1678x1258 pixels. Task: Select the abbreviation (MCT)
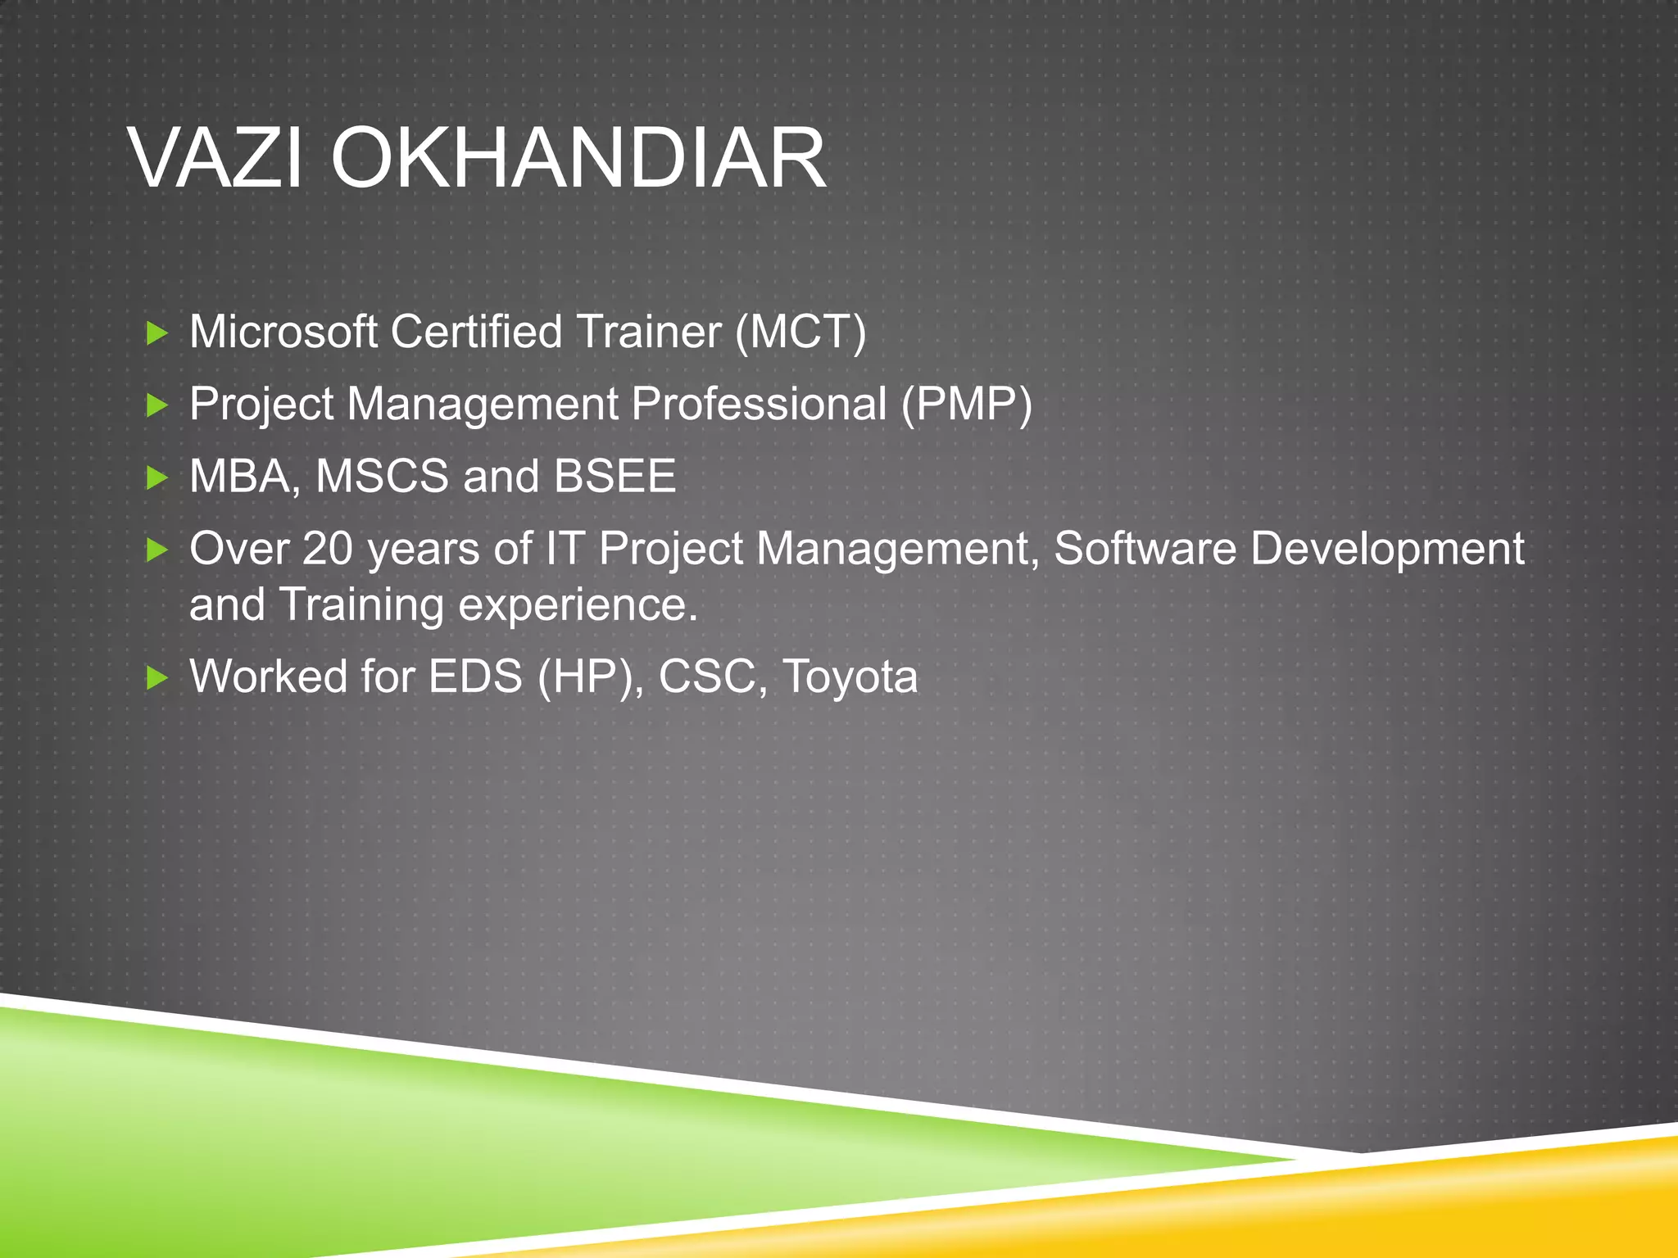[x=800, y=332]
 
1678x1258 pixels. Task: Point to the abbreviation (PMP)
[x=967, y=404]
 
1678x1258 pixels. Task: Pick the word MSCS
[x=382, y=476]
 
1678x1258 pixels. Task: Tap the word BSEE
[x=615, y=476]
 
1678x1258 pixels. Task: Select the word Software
[x=1145, y=548]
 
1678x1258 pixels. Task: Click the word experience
[x=577, y=606]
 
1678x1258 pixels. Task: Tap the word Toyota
[x=850, y=677]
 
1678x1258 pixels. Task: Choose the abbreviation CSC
[x=706, y=677]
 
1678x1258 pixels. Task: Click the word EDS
[x=475, y=677]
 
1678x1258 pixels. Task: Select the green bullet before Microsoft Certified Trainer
[x=156, y=333]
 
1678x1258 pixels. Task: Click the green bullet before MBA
[x=156, y=477]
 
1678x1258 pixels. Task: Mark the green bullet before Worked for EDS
[x=156, y=678]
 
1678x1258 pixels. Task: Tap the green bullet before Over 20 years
[x=156, y=550]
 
